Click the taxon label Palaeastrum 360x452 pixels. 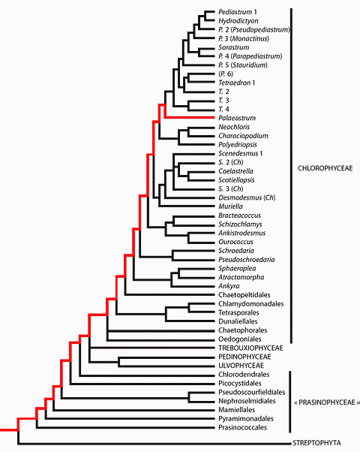pyautogui.click(x=237, y=118)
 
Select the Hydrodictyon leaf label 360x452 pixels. pyautogui.click(x=238, y=21)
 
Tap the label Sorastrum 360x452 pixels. pyautogui.click(x=233, y=47)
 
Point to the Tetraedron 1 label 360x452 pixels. pyautogui.click(x=236, y=83)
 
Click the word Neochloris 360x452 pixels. pyautogui.click(x=234, y=127)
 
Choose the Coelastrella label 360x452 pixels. pyautogui.click(x=235, y=171)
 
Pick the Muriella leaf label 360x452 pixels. pyautogui.click(x=230, y=206)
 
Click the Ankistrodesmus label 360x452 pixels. pyautogui.click(x=241, y=233)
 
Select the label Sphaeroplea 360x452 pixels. pyautogui.click(x=237, y=268)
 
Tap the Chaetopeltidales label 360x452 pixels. pyautogui.click(x=244, y=295)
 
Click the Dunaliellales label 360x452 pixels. pyautogui.click(x=238, y=321)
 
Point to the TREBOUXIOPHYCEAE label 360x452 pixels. pyautogui.click(x=250, y=348)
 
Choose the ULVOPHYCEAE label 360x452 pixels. pyautogui.click(x=241, y=366)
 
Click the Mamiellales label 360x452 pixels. pyautogui.click(x=236, y=410)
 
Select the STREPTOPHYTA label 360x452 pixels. pyautogui.click(x=316, y=443)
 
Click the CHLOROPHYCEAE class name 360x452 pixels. pyautogui.click(x=325, y=168)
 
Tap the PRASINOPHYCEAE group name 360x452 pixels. pyautogui.click(x=327, y=402)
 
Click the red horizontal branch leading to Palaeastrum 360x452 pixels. pyautogui.click(x=190, y=118)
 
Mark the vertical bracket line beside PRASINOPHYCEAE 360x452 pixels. pyautogui.click(x=289, y=402)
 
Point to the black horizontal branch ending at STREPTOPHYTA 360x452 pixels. pyautogui.click(x=154, y=443)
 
